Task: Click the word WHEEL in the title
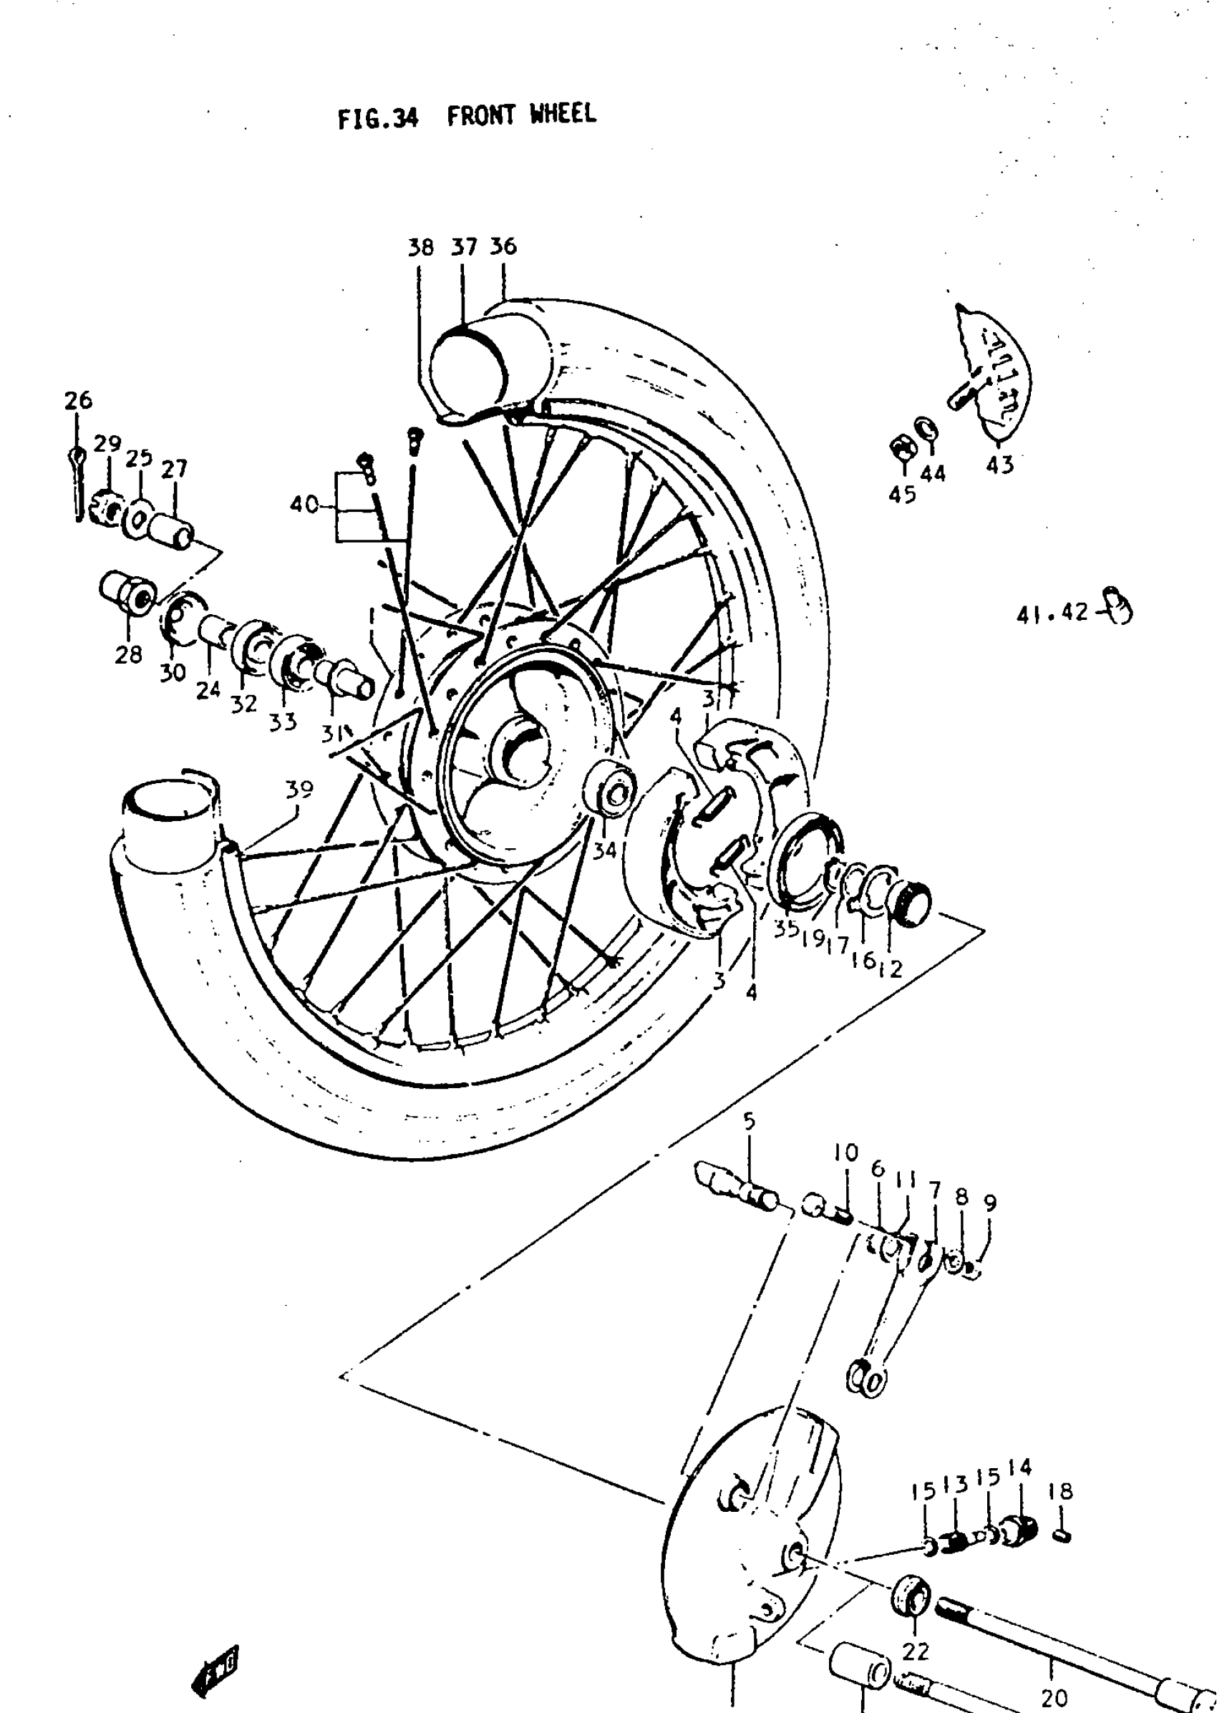(x=562, y=115)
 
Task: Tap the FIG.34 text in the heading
(x=377, y=118)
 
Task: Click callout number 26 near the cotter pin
(x=78, y=400)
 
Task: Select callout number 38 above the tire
(x=420, y=247)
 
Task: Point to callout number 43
(x=999, y=465)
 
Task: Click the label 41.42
(x=1052, y=613)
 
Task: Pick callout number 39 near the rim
(x=299, y=789)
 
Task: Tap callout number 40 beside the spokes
(x=304, y=505)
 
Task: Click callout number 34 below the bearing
(x=604, y=850)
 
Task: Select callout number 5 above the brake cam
(x=750, y=1121)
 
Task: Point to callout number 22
(x=915, y=1651)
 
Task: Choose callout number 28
(x=128, y=654)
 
